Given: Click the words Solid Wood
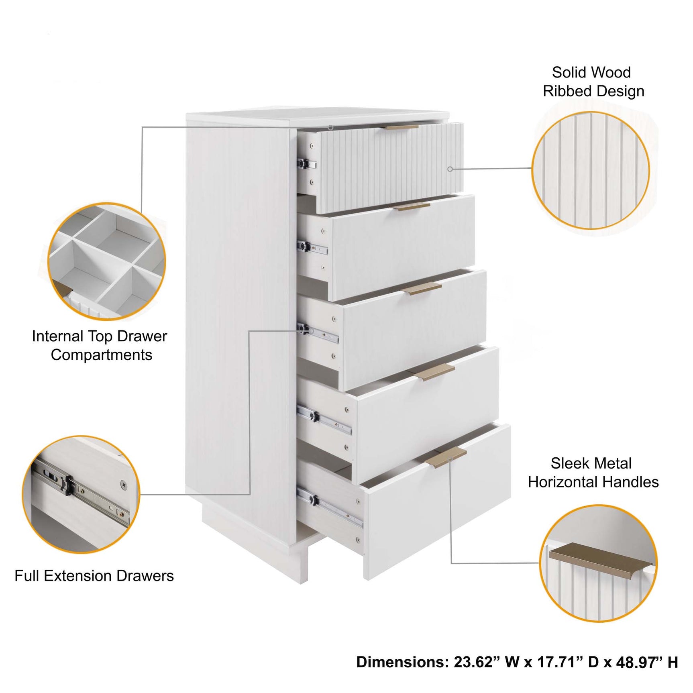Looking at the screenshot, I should (x=591, y=73).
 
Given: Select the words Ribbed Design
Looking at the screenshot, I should (x=593, y=92).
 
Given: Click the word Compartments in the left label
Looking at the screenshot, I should (x=101, y=355).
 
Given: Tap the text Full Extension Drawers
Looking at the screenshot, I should (x=94, y=576).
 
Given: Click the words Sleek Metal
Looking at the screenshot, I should (x=591, y=463).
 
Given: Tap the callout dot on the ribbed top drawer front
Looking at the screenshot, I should (x=450, y=169).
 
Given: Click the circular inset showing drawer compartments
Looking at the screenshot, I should (x=106, y=261).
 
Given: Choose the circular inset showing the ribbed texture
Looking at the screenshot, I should (x=590, y=170).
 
